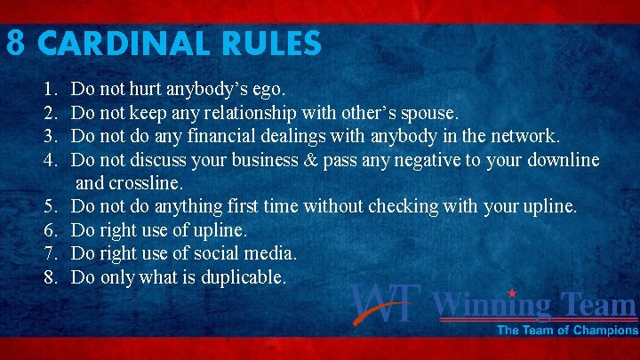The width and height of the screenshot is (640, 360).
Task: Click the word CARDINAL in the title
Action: (x=138, y=43)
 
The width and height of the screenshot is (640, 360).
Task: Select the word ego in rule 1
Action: (x=268, y=90)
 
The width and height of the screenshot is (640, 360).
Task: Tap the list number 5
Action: (x=48, y=206)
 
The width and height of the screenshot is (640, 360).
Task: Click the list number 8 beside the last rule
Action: (x=48, y=277)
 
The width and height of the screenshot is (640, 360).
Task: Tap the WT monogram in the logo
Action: (x=384, y=304)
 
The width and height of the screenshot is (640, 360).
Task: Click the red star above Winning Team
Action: (x=511, y=291)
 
